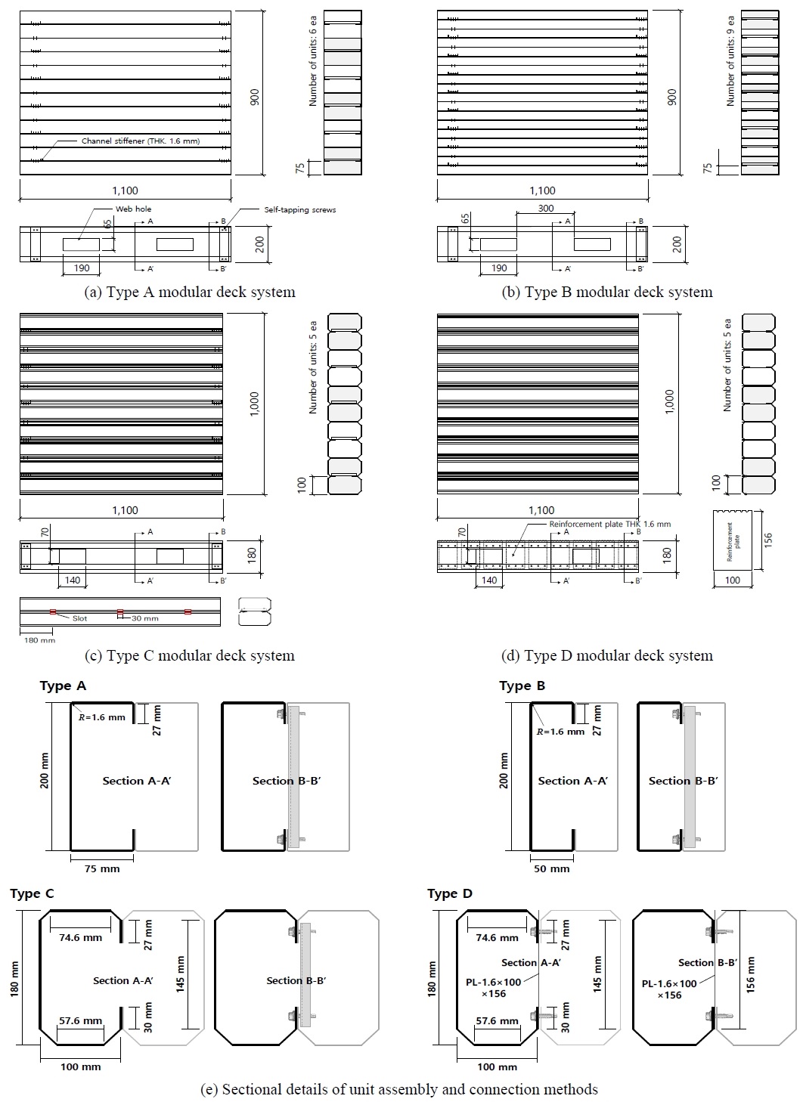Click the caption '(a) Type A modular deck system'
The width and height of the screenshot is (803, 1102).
tap(189, 292)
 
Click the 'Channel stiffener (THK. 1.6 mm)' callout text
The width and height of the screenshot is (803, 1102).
tap(141, 141)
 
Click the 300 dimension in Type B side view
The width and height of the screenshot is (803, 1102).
tap(545, 209)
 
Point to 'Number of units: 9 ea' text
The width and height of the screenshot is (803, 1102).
tap(730, 63)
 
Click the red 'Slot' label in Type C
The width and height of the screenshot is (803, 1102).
tap(80, 618)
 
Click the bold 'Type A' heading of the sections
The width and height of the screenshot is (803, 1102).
tap(63, 686)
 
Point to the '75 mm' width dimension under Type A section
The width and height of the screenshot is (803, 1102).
tap(101, 868)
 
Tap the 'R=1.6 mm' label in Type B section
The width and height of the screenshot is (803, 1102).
tap(560, 731)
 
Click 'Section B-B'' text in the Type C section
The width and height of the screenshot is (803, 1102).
tap(296, 980)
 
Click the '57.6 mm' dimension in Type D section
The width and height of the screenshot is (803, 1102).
tap(498, 1020)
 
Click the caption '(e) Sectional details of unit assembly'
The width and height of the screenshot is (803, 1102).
tap(399, 1089)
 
